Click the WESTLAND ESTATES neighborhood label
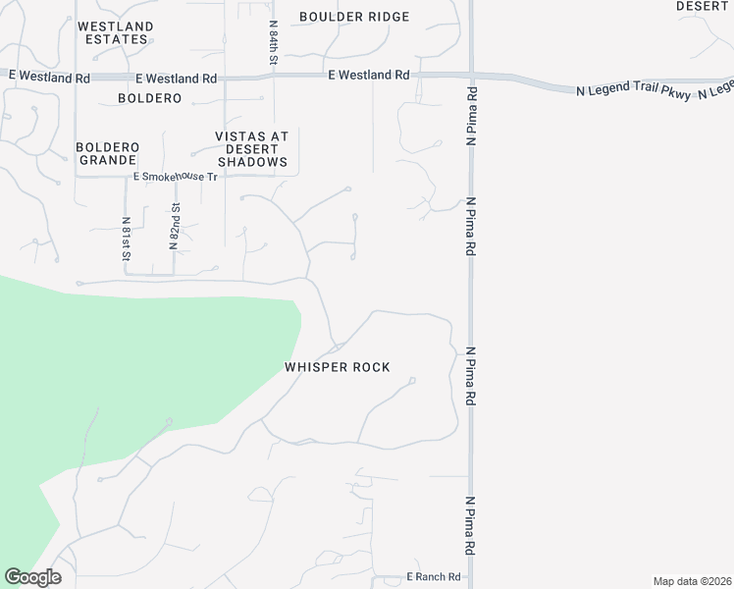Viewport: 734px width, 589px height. coord(115,32)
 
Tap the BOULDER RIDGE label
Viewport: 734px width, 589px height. coord(354,17)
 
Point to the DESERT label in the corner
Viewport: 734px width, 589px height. coord(703,6)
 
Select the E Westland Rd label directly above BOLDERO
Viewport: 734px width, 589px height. coord(177,79)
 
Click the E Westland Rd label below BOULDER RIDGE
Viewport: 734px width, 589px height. coord(369,75)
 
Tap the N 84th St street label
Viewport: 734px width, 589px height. coord(274,43)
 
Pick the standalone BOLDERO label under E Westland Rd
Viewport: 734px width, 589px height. coord(150,98)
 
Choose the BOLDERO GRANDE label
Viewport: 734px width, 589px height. coord(108,153)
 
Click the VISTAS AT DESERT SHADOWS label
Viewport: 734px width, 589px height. coord(252,149)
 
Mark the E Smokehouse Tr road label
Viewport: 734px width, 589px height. coord(175,177)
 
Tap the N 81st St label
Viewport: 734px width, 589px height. coord(127,239)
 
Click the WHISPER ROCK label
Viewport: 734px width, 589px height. coord(338,367)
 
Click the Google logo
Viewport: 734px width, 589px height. coord(32,577)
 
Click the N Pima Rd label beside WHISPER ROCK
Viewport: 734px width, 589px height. coord(471,377)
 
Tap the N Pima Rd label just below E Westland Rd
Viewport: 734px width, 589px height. coord(472,117)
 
